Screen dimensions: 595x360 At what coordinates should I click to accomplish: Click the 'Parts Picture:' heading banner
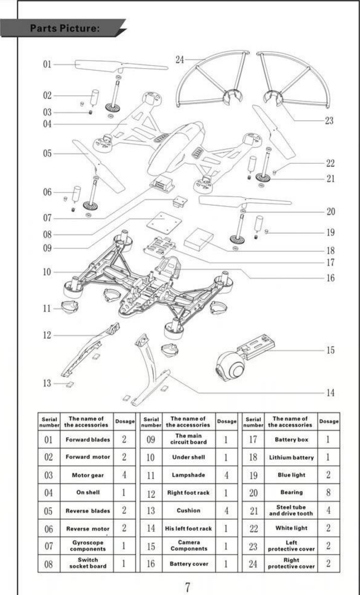(x=65, y=28)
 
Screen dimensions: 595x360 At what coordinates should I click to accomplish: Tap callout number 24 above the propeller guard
(x=179, y=60)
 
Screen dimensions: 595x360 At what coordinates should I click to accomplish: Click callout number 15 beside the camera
(x=330, y=350)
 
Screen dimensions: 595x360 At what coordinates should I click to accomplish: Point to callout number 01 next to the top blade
(x=47, y=64)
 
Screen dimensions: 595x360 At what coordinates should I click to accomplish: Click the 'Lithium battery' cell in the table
(x=291, y=457)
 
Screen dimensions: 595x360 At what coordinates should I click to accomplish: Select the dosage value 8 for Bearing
(x=328, y=492)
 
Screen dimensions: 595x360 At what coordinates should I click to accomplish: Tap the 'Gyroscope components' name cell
(x=88, y=546)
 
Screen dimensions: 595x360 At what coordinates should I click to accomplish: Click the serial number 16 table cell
(x=151, y=564)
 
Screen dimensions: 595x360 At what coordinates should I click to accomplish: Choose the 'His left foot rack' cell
(x=188, y=529)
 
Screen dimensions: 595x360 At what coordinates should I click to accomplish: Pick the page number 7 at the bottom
(x=187, y=587)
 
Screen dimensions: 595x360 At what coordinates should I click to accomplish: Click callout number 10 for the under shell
(x=47, y=272)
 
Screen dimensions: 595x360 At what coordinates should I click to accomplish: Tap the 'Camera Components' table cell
(x=189, y=546)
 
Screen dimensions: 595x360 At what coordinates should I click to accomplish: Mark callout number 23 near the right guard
(x=329, y=120)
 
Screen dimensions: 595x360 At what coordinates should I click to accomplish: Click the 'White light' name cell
(x=291, y=528)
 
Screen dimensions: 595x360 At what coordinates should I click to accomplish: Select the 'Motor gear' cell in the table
(x=88, y=475)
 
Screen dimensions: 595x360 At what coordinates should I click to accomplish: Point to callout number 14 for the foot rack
(x=330, y=393)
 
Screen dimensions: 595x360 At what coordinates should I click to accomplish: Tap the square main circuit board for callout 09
(x=164, y=222)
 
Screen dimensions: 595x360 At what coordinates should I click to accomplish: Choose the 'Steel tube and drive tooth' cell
(x=291, y=510)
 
